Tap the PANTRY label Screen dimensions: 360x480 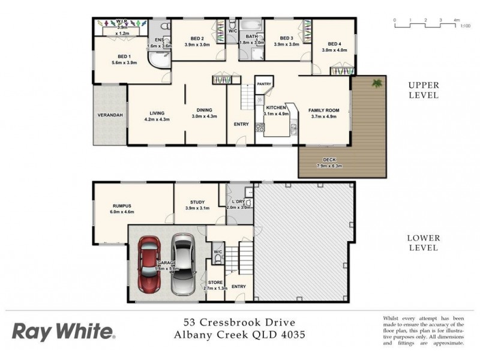point(265,85)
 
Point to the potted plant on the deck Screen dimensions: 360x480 point(377,83)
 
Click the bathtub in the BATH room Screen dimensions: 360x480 point(253,27)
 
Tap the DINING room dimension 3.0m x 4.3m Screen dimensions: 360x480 point(204,116)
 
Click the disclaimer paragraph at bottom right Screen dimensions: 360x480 point(424,330)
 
